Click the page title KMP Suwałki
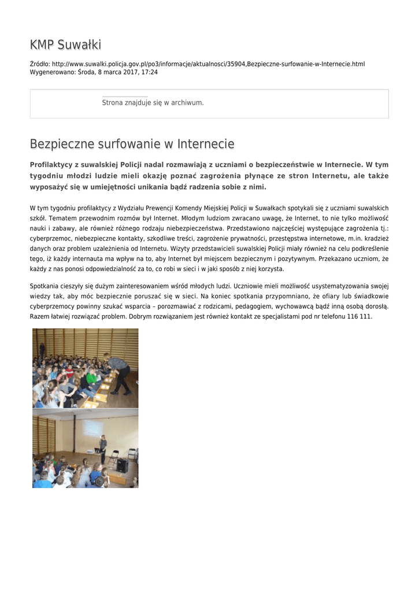(x=65, y=45)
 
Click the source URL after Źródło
(x=208, y=64)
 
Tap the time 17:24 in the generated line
(x=150, y=72)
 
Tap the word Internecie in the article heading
(x=206, y=143)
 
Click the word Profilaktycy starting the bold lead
(x=53, y=165)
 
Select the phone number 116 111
(x=359, y=317)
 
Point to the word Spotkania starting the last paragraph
(x=45, y=286)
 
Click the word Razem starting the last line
(x=40, y=317)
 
